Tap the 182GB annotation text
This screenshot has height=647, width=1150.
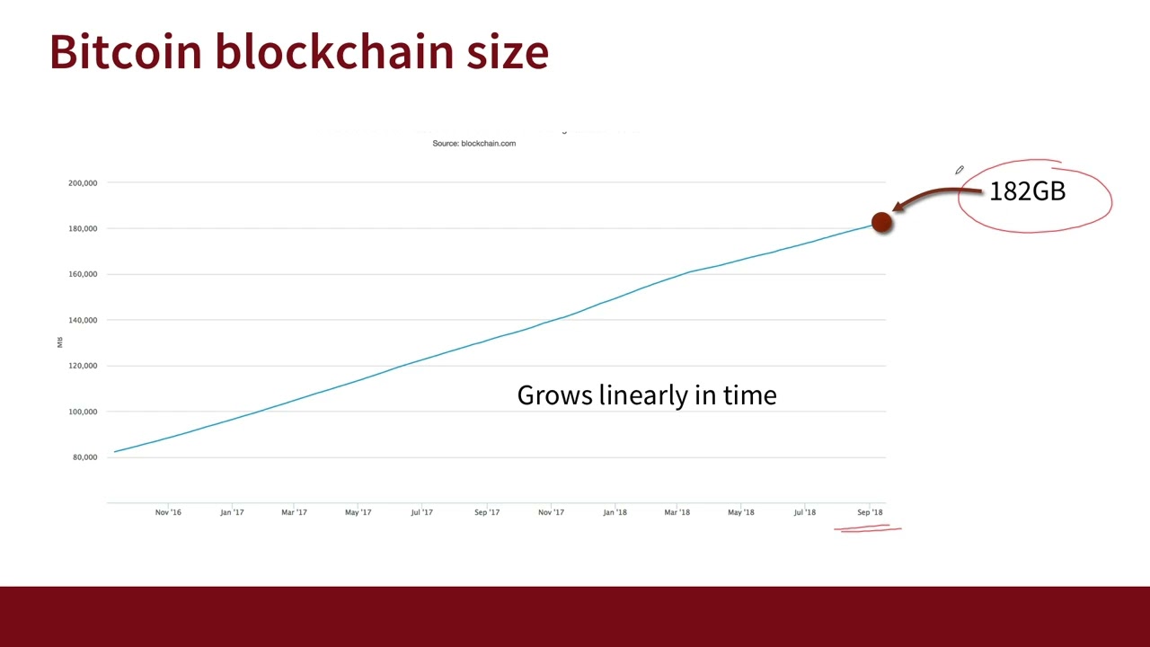(x=1027, y=191)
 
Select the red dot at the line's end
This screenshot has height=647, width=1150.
(x=881, y=223)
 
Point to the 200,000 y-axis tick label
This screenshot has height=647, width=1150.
(x=83, y=183)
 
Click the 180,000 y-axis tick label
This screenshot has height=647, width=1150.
(x=83, y=229)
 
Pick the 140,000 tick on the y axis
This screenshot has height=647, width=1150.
(x=83, y=321)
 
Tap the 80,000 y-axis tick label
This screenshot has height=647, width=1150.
(x=84, y=457)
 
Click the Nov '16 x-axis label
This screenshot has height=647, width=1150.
(x=168, y=513)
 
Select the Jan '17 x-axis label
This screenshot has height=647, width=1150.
(x=232, y=513)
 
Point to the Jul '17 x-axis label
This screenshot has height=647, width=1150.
(x=421, y=513)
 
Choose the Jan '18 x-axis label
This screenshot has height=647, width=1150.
(x=615, y=513)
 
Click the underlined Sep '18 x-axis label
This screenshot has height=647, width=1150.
(x=870, y=513)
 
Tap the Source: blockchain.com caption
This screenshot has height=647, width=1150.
(x=473, y=144)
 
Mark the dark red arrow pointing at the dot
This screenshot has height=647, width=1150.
(x=934, y=195)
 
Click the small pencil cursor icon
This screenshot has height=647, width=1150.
(x=960, y=170)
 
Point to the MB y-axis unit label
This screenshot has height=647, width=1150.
(x=60, y=341)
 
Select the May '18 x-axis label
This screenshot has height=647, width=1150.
(x=741, y=513)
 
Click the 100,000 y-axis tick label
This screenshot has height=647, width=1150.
(x=83, y=412)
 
